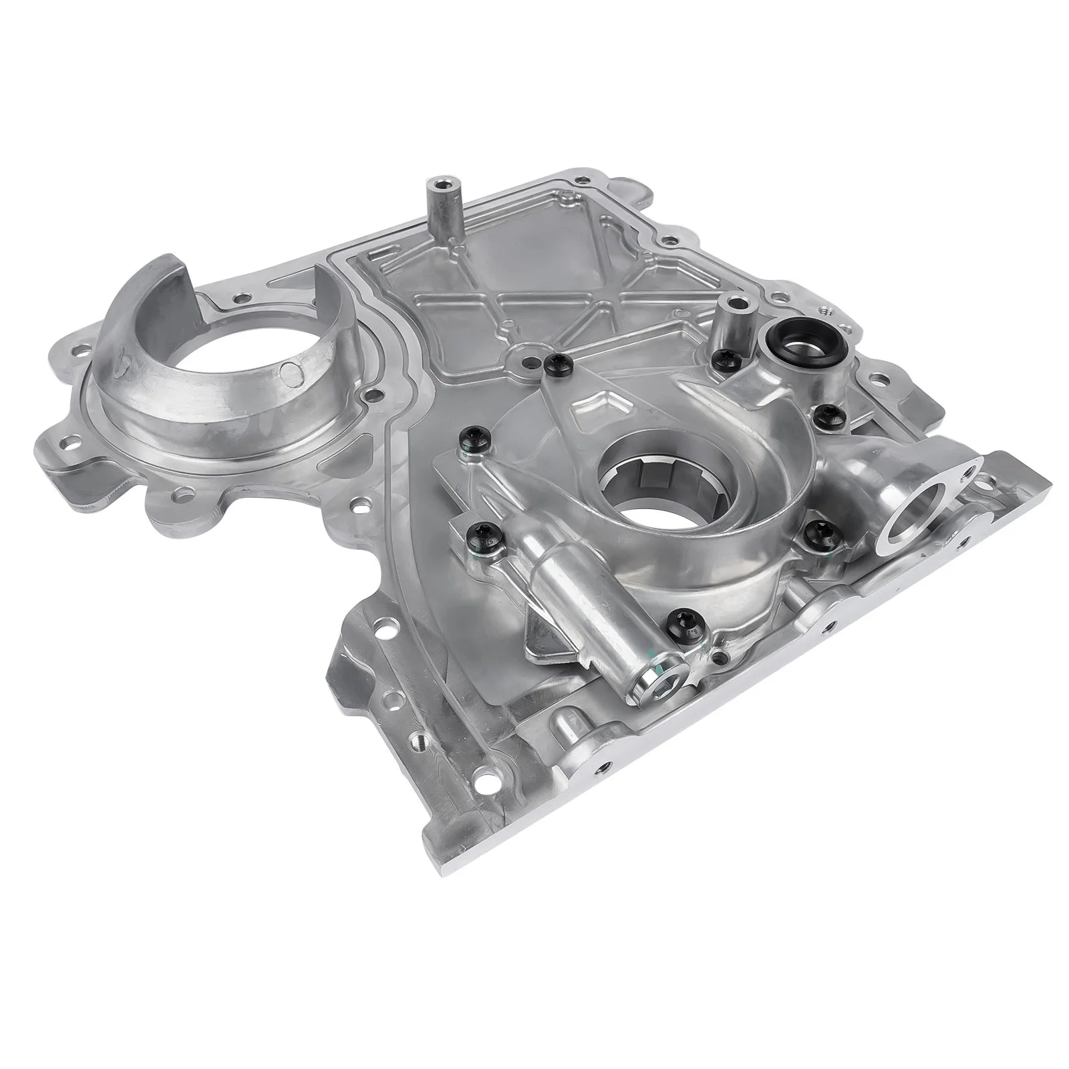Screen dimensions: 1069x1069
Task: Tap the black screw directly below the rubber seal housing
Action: pyautogui.click(x=828, y=412)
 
